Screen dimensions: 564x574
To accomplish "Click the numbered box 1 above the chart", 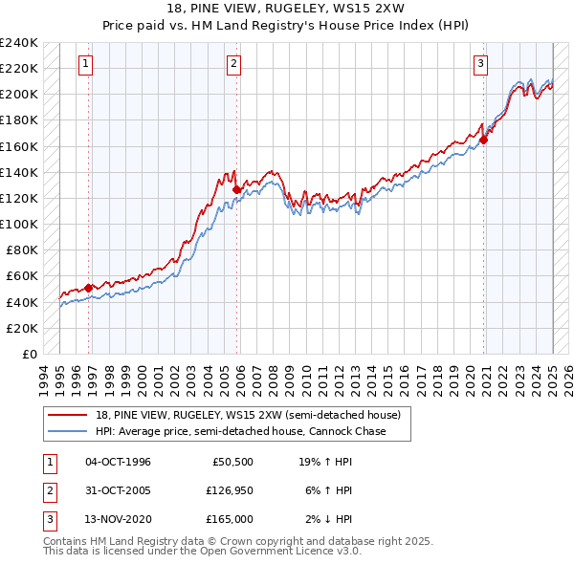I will (x=85, y=64).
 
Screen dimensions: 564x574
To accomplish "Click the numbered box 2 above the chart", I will (x=233, y=64).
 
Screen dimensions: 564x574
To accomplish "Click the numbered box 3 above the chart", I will (x=479, y=64).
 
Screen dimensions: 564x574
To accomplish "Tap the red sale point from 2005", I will (x=236, y=189).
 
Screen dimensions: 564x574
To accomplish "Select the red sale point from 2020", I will (x=484, y=140).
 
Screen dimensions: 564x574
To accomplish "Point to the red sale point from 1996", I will (x=89, y=288).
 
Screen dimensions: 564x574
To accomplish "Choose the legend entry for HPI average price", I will (x=240, y=431).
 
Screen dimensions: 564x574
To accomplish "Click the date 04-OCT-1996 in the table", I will (x=118, y=462).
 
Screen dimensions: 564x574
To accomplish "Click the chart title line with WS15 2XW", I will (x=286, y=11).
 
